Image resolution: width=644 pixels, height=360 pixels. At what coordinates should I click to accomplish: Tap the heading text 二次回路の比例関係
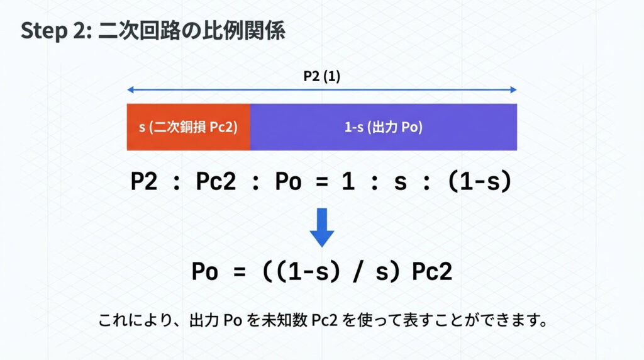click(x=192, y=30)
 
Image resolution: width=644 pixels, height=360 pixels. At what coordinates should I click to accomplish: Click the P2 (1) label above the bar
click(x=321, y=76)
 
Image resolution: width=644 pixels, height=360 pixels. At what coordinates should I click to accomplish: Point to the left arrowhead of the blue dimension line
click(x=131, y=89)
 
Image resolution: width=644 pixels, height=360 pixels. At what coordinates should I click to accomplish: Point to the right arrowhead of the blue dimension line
click(x=513, y=89)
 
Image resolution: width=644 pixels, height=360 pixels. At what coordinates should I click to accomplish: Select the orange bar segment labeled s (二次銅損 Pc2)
click(x=189, y=127)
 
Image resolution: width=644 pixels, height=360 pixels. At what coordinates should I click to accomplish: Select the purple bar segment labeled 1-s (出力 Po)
click(x=384, y=127)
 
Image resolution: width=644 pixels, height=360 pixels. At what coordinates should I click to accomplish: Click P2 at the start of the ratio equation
click(x=144, y=181)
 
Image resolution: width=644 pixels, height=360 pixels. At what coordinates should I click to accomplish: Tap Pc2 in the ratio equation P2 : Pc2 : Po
click(x=216, y=181)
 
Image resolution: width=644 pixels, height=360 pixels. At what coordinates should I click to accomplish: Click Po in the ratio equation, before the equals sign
click(x=288, y=181)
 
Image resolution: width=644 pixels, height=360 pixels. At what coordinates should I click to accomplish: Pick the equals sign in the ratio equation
click(x=322, y=182)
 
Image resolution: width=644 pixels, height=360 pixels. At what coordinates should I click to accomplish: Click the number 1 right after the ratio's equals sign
click(x=348, y=181)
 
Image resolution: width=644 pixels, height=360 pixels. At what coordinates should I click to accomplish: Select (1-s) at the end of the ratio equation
click(x=480, y=181)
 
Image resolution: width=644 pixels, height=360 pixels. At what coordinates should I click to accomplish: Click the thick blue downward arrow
click(x=321, y=227)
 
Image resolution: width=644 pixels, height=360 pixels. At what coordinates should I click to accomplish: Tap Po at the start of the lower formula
click(x=205, y=271)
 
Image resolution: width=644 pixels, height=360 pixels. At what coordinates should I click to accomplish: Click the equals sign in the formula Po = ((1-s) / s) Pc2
click(x=240, y=272)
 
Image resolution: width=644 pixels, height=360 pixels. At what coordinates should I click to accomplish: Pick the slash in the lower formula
click(x=358, y=271)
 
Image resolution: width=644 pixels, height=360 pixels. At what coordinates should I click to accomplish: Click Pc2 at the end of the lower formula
click(x=432, y=271)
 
